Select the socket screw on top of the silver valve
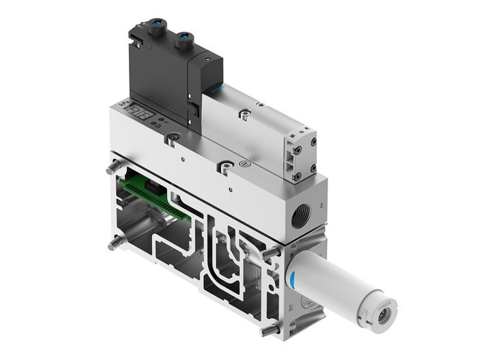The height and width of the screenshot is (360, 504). point(246,113)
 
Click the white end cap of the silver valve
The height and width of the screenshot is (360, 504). point(303,153)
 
